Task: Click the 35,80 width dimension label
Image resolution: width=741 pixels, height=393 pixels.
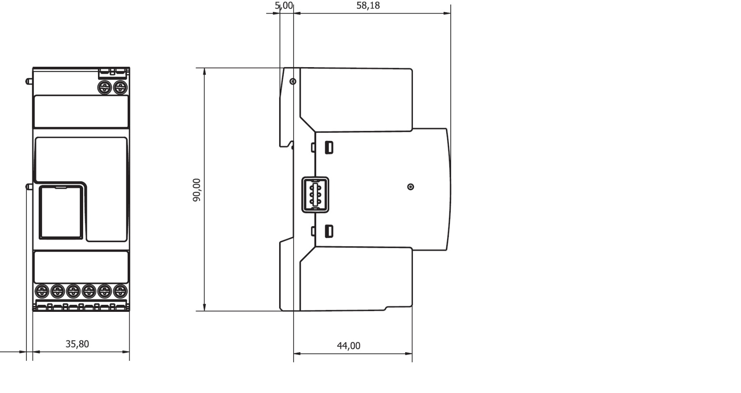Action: point(77,344)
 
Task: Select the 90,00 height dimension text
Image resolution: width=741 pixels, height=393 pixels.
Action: point(197,190)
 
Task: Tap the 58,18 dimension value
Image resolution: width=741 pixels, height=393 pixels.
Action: point(368,6)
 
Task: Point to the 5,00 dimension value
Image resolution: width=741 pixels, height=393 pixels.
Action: point(284,6)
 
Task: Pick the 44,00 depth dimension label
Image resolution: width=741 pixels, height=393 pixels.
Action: point(349,346)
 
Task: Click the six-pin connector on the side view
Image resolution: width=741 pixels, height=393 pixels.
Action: point(315,195)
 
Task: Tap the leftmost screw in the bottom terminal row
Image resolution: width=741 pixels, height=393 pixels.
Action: point(42,291)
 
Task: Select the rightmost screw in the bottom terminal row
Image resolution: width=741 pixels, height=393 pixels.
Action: point(120,291)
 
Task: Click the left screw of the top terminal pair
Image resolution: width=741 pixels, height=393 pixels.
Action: point(105,87)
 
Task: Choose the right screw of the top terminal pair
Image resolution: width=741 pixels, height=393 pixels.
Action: point(120,87)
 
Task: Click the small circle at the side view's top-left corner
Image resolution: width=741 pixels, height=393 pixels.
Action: point(293,82)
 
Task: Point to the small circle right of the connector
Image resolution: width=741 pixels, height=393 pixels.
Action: point(410,187)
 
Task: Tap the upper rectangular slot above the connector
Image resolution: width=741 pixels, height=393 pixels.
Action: point(329,147)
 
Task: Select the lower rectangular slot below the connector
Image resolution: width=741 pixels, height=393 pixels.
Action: point(329,231)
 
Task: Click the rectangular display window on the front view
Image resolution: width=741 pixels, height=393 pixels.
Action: point(61,212)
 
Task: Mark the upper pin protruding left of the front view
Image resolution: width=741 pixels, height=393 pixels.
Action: point(29,81)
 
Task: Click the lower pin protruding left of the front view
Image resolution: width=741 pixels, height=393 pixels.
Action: point(29,186)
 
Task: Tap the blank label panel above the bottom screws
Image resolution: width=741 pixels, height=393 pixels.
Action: point(81,267)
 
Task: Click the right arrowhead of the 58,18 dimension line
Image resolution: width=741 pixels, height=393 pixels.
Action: point(447,13)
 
